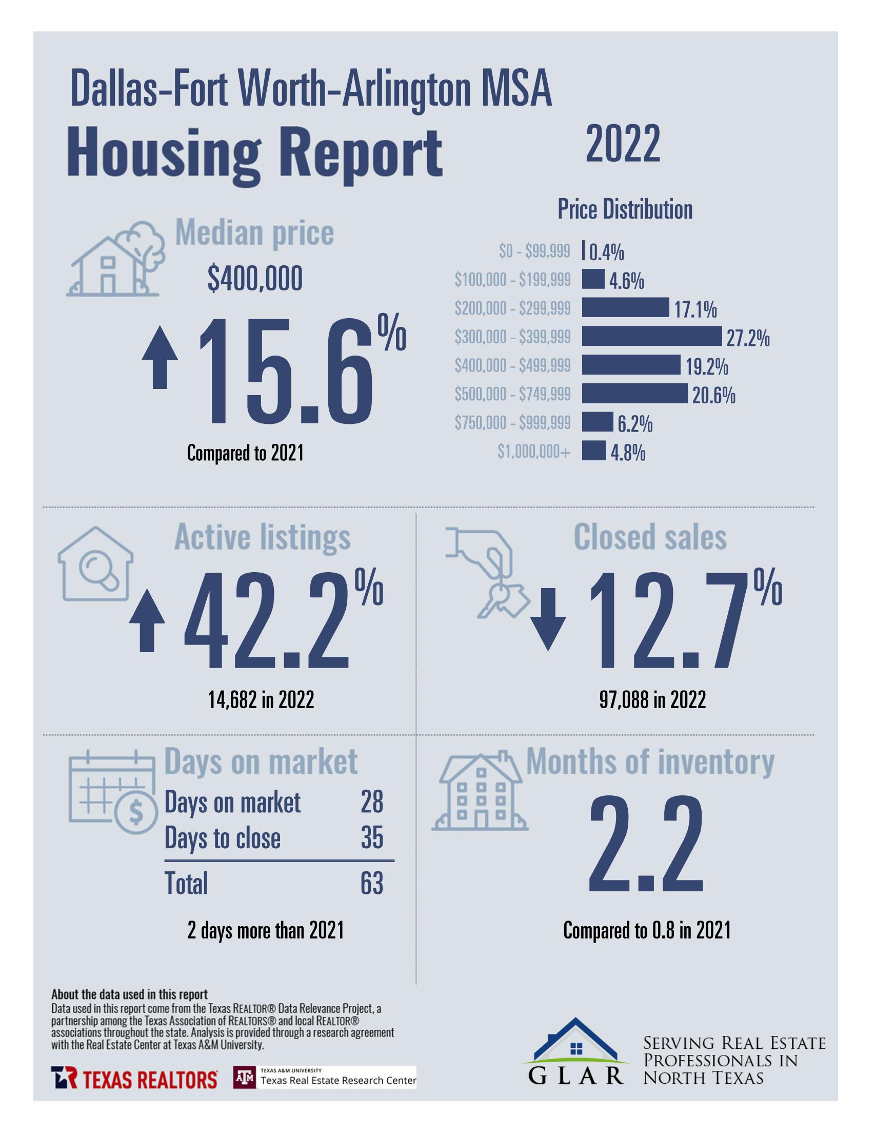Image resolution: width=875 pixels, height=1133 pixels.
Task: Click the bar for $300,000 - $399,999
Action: tap(651, 336)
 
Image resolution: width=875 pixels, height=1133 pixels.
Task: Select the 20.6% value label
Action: tap(713, 396)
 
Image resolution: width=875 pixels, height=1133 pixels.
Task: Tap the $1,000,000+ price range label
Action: tap(534, 452)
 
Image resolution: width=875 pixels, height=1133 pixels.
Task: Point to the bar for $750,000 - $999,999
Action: tap(597, 422)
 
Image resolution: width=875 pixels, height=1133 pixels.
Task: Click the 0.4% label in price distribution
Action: tap(606, 252)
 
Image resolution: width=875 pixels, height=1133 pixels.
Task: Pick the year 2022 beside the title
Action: tap(623, 143)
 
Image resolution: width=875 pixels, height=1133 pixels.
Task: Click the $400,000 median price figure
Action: tap(255, 279)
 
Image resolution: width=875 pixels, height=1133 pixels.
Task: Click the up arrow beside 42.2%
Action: tap(147, 620)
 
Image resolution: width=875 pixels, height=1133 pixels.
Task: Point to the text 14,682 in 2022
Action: tap(261, 700)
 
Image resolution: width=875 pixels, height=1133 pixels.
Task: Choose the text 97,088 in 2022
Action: tap(652, 700)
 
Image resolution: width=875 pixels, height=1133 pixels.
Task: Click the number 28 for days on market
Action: tap(372, 803)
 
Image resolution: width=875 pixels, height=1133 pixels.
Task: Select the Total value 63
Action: tap(372, 884)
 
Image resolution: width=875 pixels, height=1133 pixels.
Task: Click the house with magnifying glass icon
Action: tap(95, 564)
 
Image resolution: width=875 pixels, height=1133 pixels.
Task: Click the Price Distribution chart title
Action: tap(625, 209)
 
